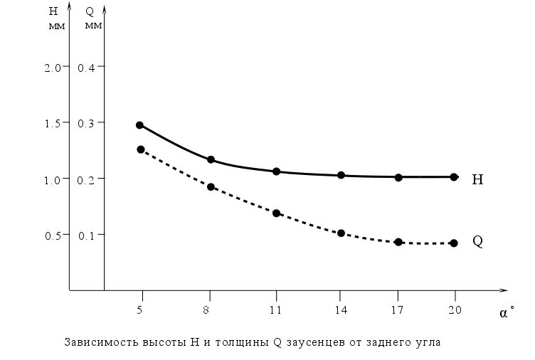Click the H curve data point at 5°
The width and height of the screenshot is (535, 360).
(x=139, y=125)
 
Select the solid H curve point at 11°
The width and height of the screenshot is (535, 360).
(x=276, y=171)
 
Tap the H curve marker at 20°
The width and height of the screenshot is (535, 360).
(x=454, y=176)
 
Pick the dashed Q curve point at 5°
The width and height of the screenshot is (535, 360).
(x=141, y=149)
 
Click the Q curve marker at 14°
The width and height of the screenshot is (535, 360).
(x=341, y=233)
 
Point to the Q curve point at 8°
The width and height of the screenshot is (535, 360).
(x=211, y=187)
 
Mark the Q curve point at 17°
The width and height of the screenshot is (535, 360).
(x=398, y=242)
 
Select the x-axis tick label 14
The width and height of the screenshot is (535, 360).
(x=340, y=309)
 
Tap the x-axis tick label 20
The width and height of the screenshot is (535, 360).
(x=455, y=309)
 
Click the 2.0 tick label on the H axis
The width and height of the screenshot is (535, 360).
(x=52, y=67)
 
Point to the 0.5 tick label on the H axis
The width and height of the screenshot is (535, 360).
(x=52, y=235)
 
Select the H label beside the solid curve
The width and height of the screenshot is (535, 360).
(x=478, y=180)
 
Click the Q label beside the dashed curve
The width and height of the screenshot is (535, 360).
(x=478, y=240)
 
